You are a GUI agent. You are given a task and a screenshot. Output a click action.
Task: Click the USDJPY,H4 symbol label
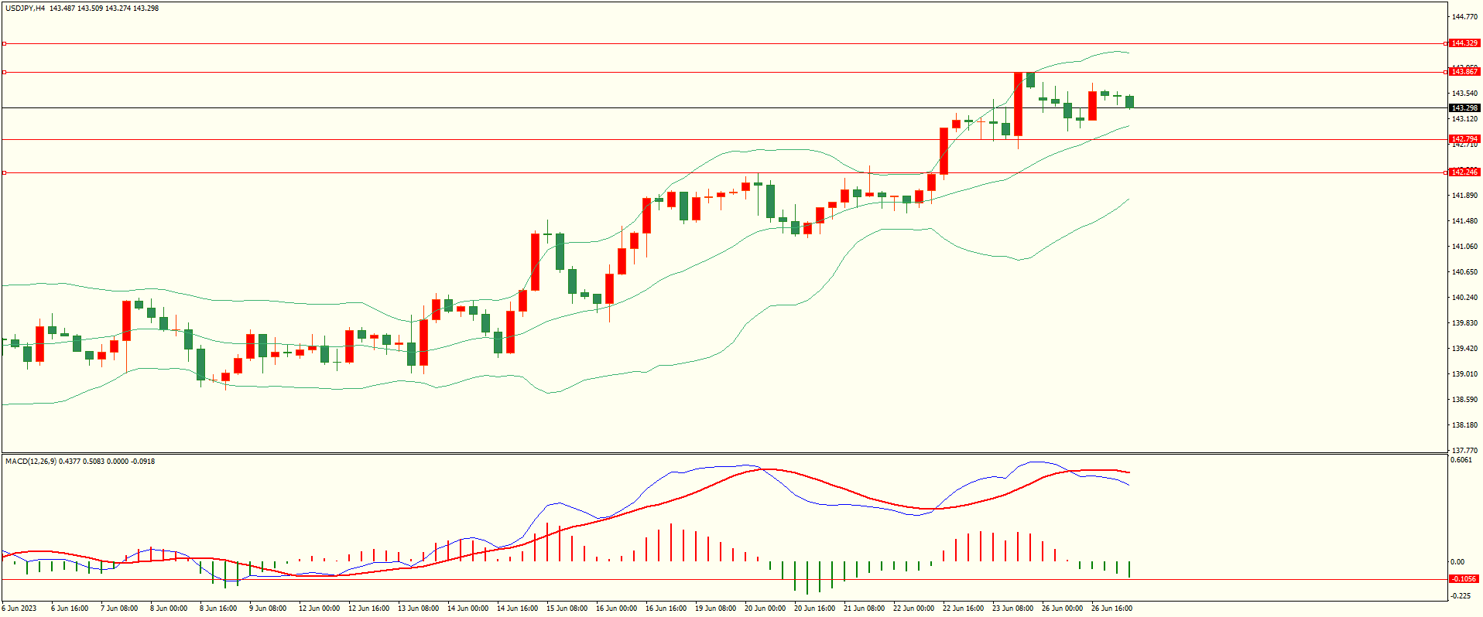point(26,9)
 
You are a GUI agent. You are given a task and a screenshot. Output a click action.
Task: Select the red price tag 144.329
point(1464,43)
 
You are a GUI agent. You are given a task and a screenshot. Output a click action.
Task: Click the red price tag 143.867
point(1464,72)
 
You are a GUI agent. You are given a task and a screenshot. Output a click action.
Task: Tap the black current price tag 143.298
point(1464,108)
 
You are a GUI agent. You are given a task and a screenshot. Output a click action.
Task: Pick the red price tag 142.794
point(1464,139)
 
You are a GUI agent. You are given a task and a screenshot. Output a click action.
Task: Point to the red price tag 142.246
point(1464,172)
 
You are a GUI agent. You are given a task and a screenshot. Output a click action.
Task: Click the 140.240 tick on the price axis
point(1464,298)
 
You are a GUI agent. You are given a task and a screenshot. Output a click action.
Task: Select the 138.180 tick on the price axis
point(1464,425)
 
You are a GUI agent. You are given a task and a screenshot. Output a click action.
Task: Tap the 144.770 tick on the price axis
point(1464,16)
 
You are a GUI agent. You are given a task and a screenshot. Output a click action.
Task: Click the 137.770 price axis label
point(1464,451)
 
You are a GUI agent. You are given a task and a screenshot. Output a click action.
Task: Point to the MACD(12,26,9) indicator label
point(30,462)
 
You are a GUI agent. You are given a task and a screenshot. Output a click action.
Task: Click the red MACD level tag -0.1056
point(1464,579)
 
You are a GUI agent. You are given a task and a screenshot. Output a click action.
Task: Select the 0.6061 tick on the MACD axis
point(1461,461)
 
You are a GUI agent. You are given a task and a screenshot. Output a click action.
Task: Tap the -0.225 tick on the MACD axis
point(1461,596)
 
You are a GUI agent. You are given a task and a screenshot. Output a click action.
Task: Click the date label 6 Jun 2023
point(19,608)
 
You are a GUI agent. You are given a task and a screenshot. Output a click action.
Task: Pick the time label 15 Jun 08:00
point(567,608)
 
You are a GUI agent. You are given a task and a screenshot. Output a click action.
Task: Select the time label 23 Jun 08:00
point(1013,608)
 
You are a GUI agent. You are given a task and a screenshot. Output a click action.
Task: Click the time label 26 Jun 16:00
point(1112,608)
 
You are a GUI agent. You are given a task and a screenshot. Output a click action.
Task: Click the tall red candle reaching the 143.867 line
point(1018,104)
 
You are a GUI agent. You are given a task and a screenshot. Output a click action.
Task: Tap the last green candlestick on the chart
point(1130,101)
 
